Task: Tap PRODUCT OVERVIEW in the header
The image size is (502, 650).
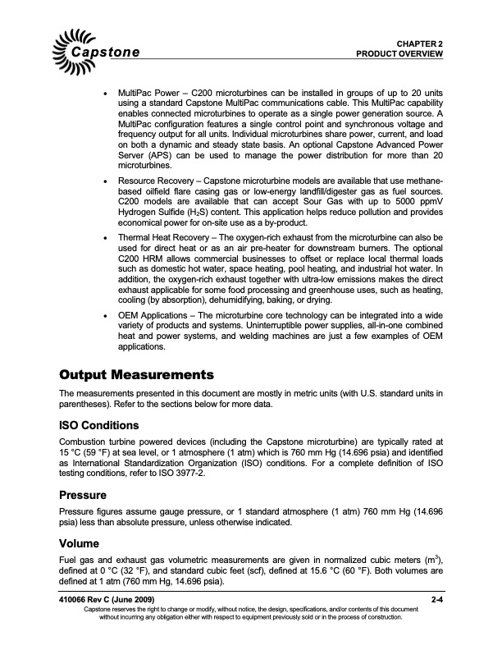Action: pyautogui.click(x=399, y=53)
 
